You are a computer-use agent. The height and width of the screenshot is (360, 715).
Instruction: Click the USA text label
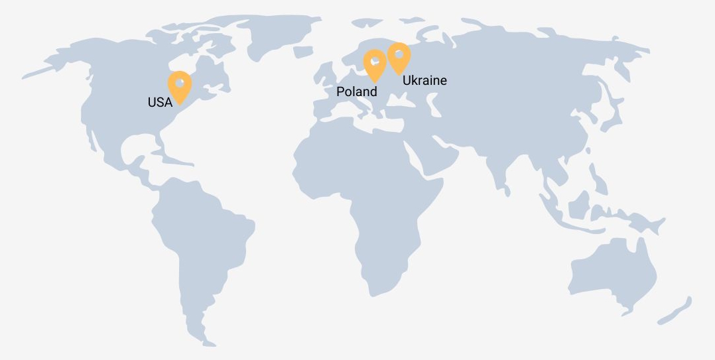[x=160, y=102]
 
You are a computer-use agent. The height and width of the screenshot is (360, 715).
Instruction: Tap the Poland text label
[x=356, y=91]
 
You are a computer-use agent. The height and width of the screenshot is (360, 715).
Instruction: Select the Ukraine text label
[x=424, y=80]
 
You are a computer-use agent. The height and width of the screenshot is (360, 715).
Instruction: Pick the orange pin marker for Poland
[x=375, y=64]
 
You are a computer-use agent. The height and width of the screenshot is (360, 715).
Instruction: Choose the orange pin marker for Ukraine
[x=399, y=57]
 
